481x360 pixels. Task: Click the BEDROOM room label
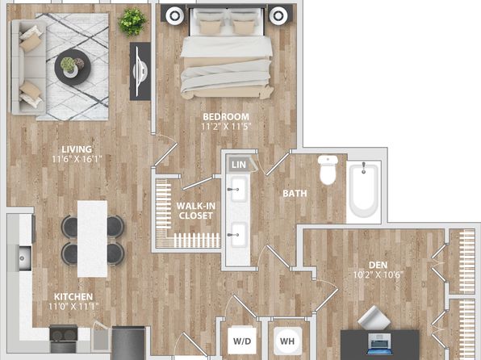pyautogui.click(x=226, y=116)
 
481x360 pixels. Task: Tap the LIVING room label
pyautogui.click(x=77, y=149)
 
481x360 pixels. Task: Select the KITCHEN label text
pyautogui.click(x=73, y=297)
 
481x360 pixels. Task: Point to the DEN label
pyautogui.click(x=378, y=265)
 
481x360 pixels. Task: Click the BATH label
pyautogui.click(x=295, y=194)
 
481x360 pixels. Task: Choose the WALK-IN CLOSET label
pyautogui.click(x=196, y=211)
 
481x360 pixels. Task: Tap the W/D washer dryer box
pyautogui.click(x=242, y=341)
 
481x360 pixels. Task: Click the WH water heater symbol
pyautogui.click(x=287, y=341)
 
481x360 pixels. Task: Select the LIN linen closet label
pyautogui.click(x=239, y=165)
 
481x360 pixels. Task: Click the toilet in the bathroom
pyautogui.click(x=328, y=170)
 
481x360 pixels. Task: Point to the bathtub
pyautogui.click(x=364, y=191)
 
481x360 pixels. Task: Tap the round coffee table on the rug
pyautogui.click(x=73, y=67)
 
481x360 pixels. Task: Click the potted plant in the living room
pyautogui.click(x=132, y=22)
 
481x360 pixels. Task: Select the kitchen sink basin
pyautogui.click(x=25, y=258)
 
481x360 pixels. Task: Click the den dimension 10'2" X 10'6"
pyautogui.click(x=378, y=274)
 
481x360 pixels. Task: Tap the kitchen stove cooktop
pyautogui.click(x=64, y=333)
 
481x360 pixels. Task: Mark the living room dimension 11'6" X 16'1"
pyautogui.click(x=77, y=159)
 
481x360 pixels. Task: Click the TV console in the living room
pyautogui.click(x=140, y=71)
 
